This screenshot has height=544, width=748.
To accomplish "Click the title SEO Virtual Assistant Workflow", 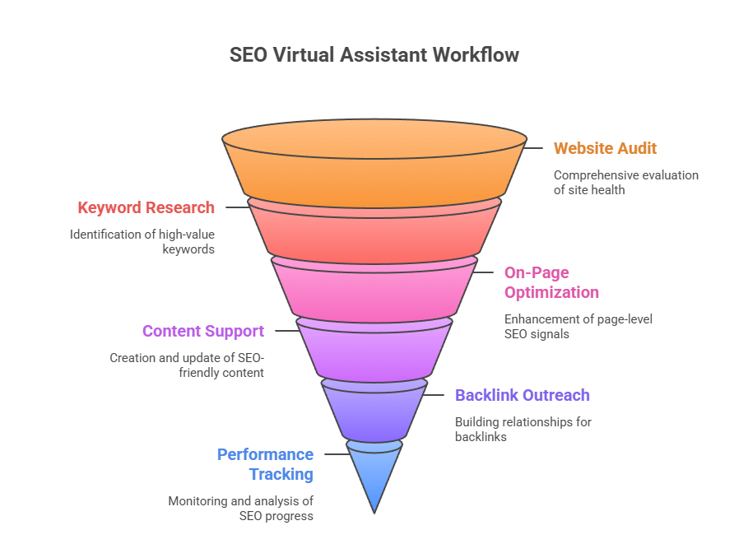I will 374,55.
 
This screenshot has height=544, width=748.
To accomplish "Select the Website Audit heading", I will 605,148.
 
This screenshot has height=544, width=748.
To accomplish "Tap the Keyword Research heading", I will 146,207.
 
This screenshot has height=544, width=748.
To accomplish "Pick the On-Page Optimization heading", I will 551,282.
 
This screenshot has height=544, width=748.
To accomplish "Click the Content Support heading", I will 202,331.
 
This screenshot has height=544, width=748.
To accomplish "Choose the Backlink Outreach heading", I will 522,395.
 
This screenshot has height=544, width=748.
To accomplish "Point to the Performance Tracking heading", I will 265,464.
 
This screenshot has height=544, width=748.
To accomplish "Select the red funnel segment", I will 374,230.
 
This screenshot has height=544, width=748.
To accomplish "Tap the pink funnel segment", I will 374,288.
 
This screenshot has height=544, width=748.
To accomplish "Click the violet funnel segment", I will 374,409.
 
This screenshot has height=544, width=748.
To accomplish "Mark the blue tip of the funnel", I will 374,473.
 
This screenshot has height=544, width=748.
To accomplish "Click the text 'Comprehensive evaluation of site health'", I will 625,183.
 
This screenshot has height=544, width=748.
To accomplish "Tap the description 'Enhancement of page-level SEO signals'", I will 578,327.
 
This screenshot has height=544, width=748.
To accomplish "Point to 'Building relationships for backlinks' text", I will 523,430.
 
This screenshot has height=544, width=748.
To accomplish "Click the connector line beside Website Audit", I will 535,148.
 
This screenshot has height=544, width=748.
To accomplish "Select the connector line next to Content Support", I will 286,331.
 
